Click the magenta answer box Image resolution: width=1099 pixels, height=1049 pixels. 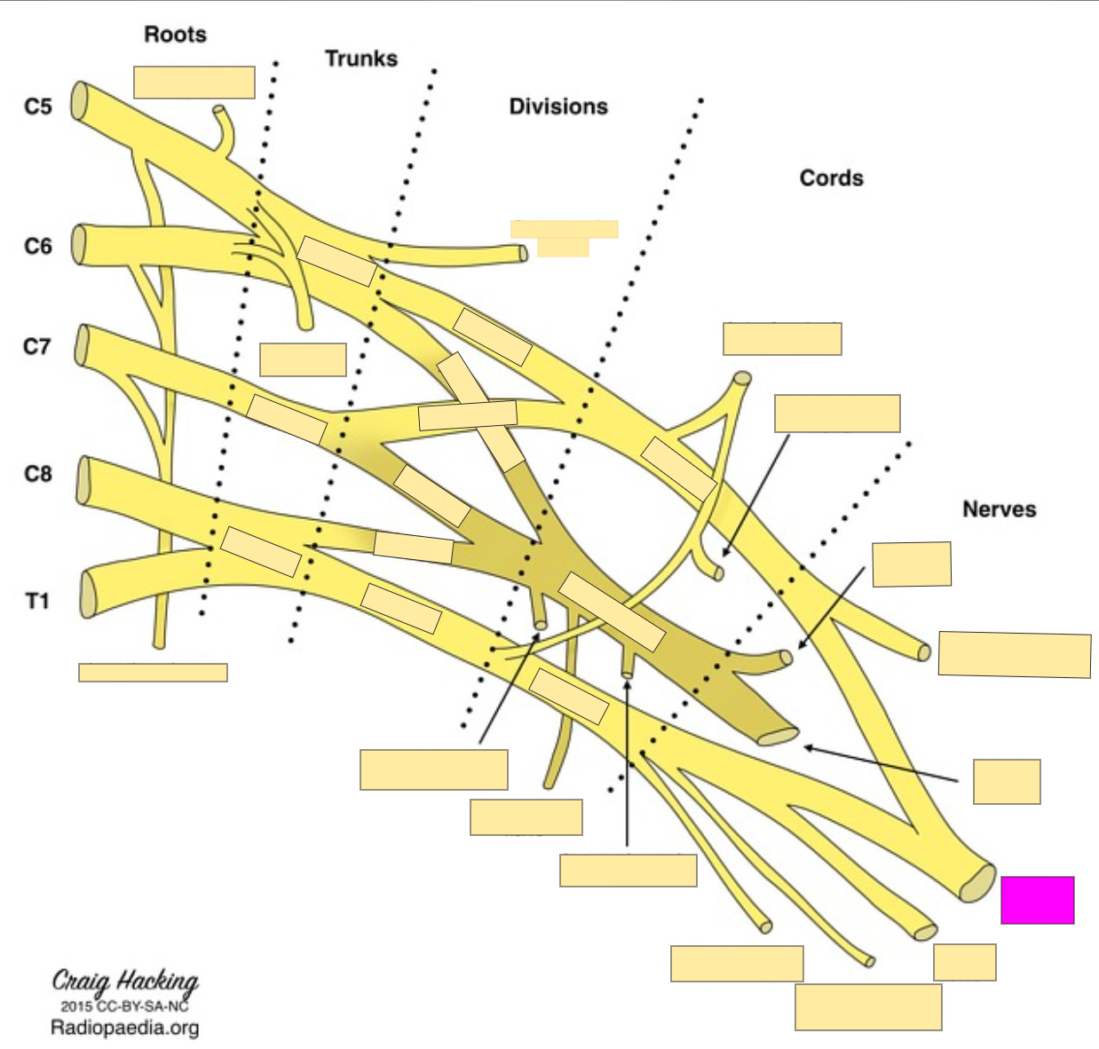click(x=1037, y=900)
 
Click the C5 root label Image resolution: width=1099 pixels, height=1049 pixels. click(x=38, y=107)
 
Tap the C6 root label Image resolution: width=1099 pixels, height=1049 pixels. click(x=38, y=246)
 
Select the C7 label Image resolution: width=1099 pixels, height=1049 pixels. click(x=37, y=346)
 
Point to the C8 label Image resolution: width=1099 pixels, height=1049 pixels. click(x=38, y=474)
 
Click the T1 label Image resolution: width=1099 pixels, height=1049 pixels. click(x=37, y=602)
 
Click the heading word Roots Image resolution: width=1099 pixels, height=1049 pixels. click(x=175, y=35)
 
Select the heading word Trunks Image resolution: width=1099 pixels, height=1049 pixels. click(x=360, y=59)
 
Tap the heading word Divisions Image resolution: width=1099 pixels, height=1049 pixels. click(x=558, y=106)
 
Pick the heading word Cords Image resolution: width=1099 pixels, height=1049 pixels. click(x=831, y=178)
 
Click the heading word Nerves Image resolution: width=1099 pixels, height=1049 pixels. click(x=999, y=509)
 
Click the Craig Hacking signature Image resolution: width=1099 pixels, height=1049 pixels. click(x=125, y=982)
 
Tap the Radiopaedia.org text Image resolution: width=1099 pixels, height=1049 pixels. click(x=124, y=1029)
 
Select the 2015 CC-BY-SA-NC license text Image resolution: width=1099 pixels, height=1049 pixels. click(x=124, y=1006)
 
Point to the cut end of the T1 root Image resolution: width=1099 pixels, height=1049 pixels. click(x=89, y=594)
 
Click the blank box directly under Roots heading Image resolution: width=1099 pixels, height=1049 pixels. click(x=194, y=83)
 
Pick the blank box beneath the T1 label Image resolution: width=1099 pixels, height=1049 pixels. click(x=153, y=672)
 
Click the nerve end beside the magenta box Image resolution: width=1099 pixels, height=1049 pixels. click(x=978, y=883)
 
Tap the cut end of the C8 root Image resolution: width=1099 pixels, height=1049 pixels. click(x=84, y=480)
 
